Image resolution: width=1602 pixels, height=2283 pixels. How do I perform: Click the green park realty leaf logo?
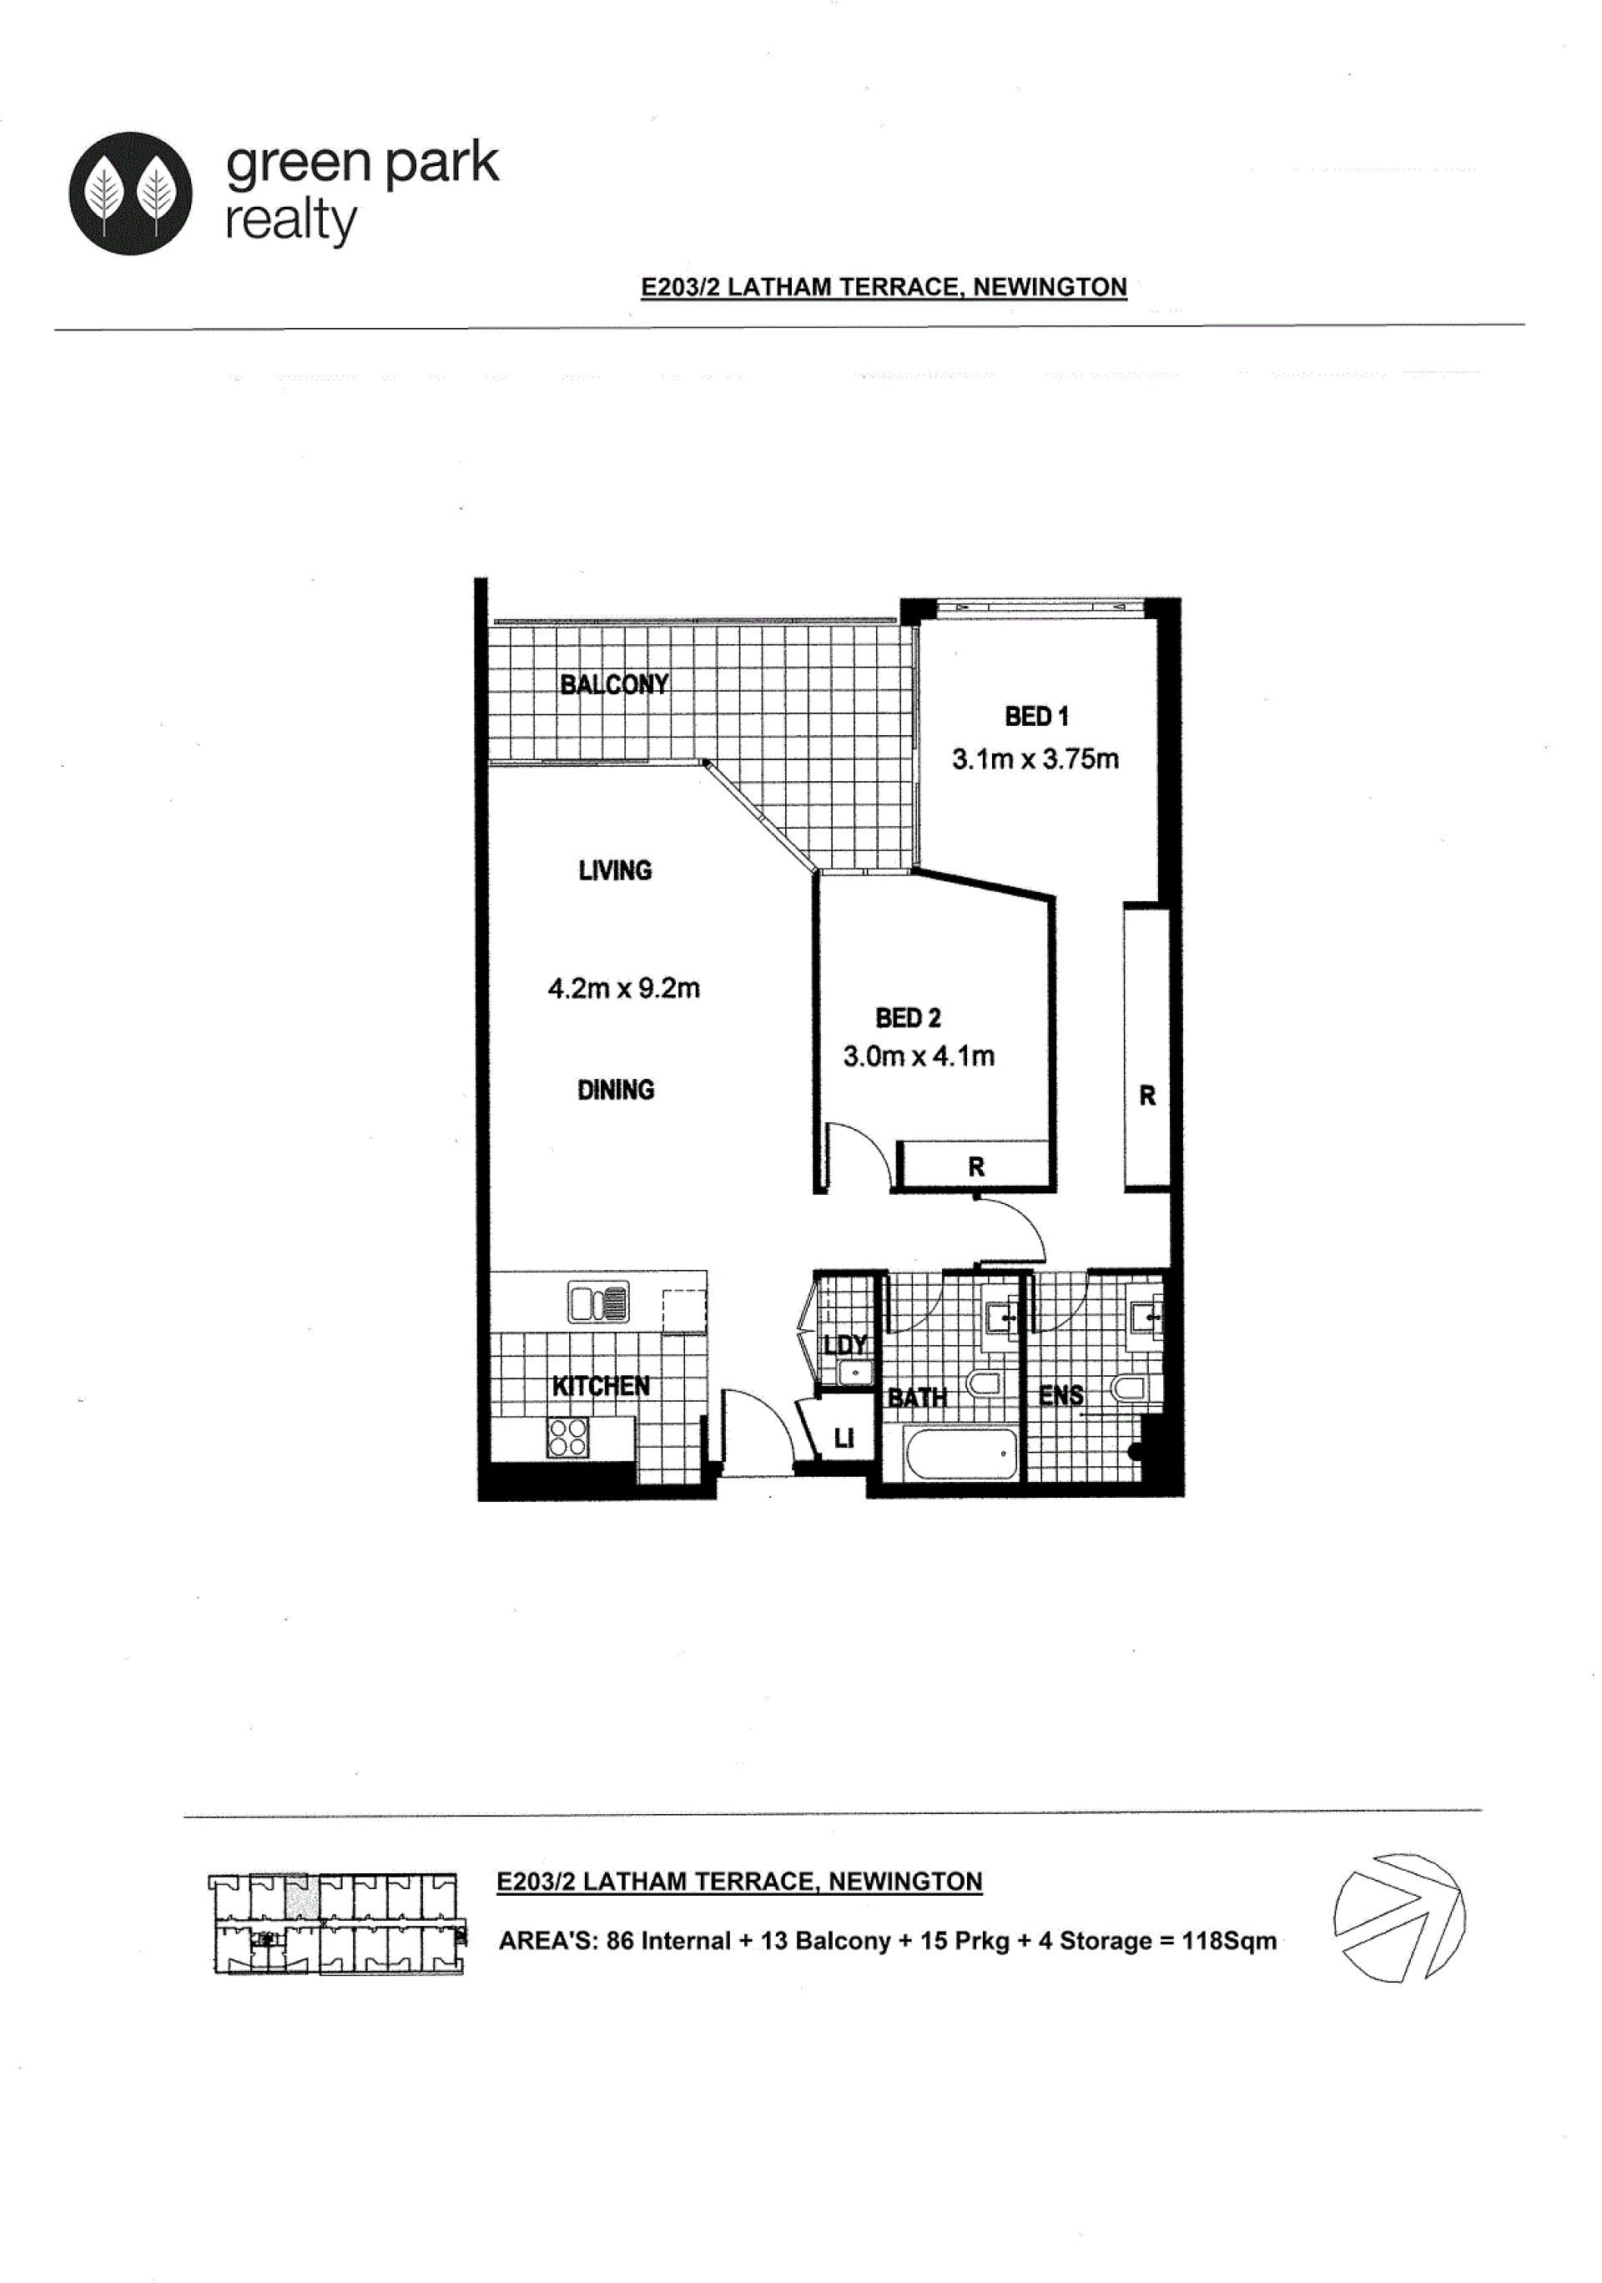(130, 193)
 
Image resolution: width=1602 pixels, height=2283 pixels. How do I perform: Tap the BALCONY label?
(613, 684)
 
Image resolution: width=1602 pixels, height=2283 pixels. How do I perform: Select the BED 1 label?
(1036, 716)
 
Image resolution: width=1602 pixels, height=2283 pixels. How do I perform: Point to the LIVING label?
(615, 870)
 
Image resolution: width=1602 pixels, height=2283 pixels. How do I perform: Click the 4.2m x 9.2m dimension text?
(623, 987)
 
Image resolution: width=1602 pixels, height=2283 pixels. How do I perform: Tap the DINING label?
(616, 1090)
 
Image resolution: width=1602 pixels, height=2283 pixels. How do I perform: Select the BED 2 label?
(908, 1017)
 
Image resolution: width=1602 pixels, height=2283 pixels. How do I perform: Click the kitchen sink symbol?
(597, 1302)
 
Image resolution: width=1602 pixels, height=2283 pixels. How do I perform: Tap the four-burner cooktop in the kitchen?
(567, 1438)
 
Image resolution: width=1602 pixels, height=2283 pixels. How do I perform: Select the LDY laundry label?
(844, 1344)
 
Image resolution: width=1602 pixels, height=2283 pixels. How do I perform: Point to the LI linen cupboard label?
(844, 1438)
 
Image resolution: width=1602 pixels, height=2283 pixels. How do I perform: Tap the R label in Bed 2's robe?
(975, 1167)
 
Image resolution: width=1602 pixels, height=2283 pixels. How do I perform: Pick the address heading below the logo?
(883, 286)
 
